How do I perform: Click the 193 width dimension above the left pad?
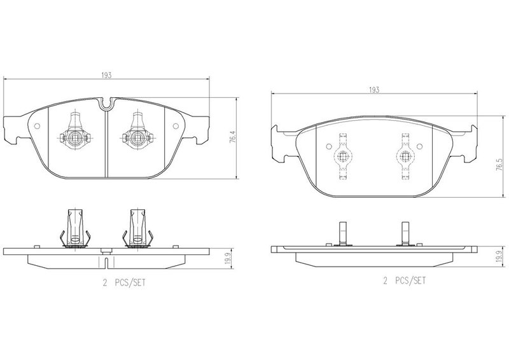106,75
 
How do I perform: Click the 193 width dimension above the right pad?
374,90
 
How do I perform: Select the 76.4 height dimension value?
232,137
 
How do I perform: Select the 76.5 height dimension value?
503,165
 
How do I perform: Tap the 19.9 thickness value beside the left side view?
228,259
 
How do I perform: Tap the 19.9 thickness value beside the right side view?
499,256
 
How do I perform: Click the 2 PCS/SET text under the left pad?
124,283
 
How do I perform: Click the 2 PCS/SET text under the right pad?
404,280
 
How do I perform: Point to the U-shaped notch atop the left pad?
106,104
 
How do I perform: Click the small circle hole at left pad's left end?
37,126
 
